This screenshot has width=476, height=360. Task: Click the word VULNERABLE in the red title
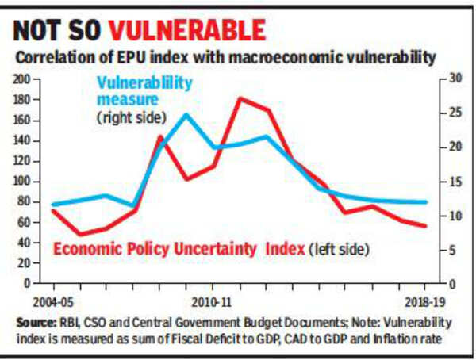[187, 31]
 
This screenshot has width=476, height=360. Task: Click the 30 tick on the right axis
[453, 79]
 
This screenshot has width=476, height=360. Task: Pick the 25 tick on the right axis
[453, 113]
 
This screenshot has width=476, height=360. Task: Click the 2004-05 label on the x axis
[54, 302]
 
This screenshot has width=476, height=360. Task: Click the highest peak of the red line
[240, 98]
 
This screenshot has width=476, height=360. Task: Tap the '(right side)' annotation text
[130, 117]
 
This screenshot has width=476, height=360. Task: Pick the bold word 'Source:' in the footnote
[36, 324]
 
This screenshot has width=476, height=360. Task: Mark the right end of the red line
[426, 226]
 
